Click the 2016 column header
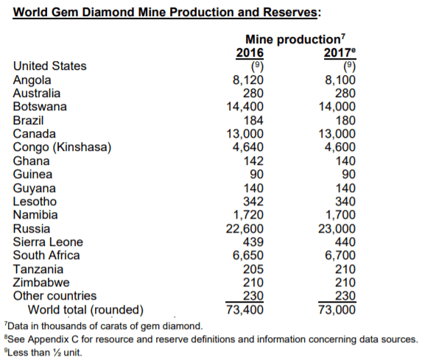click(x=250, y=52)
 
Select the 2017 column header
click(x=339, y=52)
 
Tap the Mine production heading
click(x=295, y=39)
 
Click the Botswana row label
click(x=40, y=107)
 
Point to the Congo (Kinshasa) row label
click(x=62, y=147)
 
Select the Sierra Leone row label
click(x=48, y=241)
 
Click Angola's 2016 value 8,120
click(x=248, y=80)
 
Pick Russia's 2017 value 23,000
click(x=337, y=228)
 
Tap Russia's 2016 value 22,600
click(x=244, y=228)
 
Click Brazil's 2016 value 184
click(x=253, y=121)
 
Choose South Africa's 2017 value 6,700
click(x=340, y=255)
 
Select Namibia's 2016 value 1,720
click(x=248, y=215)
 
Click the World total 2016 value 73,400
click(x=244, y=309)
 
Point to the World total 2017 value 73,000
click(x=337, y=309)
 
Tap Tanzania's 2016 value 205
click(x=253, y=269)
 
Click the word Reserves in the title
click(x=290, y=12)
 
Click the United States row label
click(x=50, y=66)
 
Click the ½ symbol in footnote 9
click(x=57, y=353)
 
